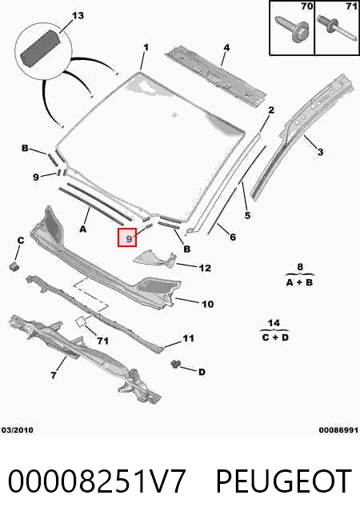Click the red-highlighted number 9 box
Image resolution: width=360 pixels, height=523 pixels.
(127, 238)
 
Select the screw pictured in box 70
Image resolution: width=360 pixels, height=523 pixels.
(293, 29)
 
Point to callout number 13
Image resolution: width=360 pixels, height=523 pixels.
(78, 16)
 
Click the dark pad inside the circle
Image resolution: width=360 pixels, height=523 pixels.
(40, 48)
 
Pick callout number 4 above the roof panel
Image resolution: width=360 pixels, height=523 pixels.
(226, 47)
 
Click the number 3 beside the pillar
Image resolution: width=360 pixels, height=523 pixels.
(320, 152)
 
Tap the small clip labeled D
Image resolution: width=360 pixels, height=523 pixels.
(174, 364)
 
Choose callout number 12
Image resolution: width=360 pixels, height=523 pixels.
(205, 268)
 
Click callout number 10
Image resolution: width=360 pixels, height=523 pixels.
(207, 304)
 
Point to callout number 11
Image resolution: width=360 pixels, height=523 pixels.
(188, 338)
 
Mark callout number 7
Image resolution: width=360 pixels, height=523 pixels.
(54, 376)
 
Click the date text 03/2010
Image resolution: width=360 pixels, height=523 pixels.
(18, 430)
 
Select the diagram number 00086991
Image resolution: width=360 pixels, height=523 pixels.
(338, 430)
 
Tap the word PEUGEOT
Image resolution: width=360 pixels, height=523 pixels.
(284, 481)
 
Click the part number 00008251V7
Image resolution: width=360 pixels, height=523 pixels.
(97, 481)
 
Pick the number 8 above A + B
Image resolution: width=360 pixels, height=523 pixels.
(300, 267)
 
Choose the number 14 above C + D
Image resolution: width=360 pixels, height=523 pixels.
(274, 323)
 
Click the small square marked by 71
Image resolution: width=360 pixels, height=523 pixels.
(81, 321)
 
